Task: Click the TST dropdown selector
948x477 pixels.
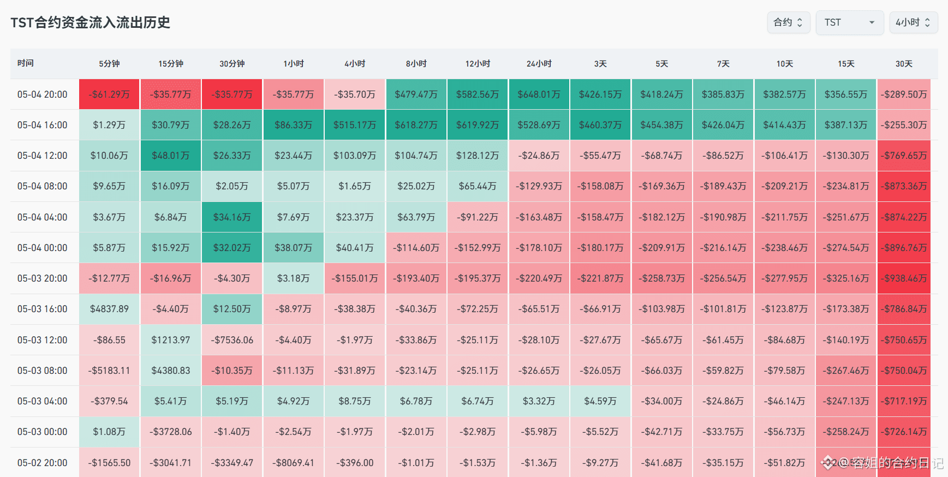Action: click(849, 22)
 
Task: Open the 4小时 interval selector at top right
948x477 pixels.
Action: click(913, 22)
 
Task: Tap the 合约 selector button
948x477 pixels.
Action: click(788, 22)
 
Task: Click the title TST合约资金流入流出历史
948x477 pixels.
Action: click(90, 22)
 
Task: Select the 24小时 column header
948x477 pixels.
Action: click(539, 64)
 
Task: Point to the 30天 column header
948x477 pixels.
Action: click(904, 64)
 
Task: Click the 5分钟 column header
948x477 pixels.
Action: click(109, 64)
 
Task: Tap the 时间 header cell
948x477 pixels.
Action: click(26, 63)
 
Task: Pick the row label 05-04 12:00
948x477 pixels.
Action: click(43, 156)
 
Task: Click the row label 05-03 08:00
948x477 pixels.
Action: click(43, 371)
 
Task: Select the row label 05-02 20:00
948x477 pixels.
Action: click(43, 463)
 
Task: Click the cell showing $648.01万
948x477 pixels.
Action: click(539, 94)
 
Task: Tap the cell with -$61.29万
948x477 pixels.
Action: click(109, 94)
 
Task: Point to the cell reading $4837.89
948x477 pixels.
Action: click(109, 309)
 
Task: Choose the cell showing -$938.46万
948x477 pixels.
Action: click(904, 278)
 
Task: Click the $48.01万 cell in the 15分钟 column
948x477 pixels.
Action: click(171, 156)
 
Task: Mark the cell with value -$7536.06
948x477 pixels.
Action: click(232, 340)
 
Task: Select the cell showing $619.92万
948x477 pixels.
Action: click(478, 125)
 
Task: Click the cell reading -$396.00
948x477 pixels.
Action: click(355, 463)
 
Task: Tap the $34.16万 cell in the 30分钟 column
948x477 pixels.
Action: click(232, 217)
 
